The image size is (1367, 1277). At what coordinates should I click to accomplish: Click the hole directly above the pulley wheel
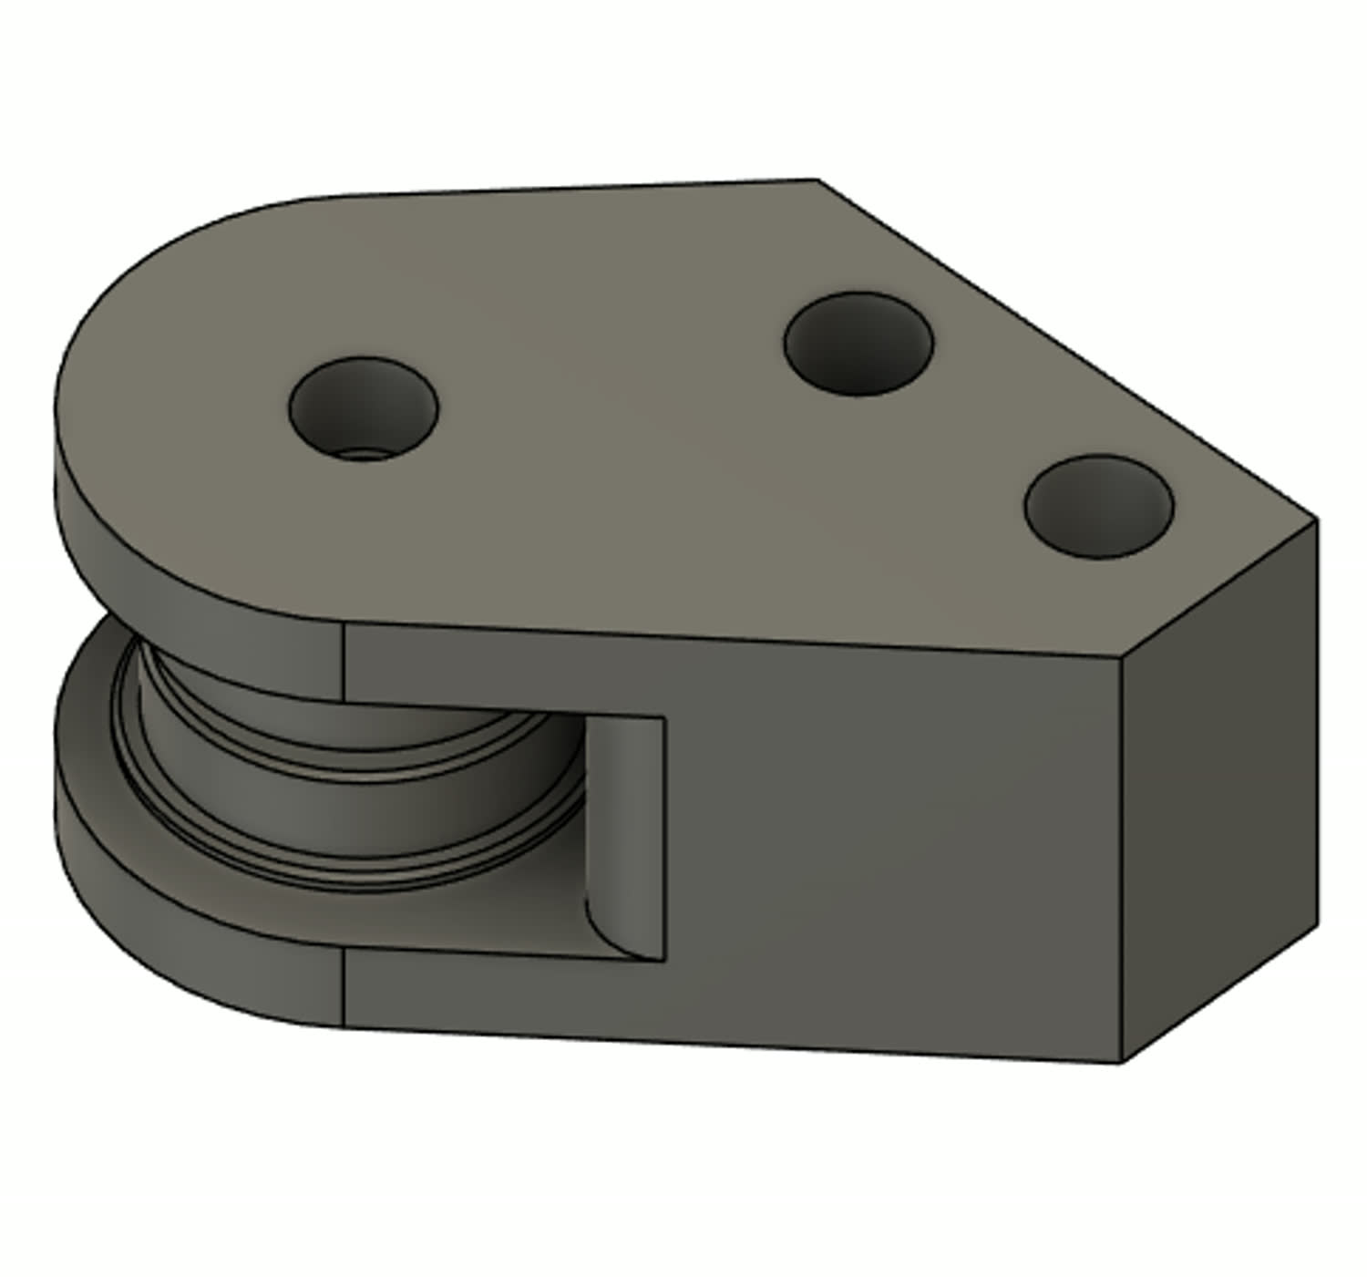[364, 408]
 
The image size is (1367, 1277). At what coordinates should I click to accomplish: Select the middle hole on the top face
[858, 344]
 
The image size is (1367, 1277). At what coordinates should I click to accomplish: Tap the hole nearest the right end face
[1098, 507]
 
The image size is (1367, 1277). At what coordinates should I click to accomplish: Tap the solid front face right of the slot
[893, 848]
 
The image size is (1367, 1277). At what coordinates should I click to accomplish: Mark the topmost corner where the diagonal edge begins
[817, 180]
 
